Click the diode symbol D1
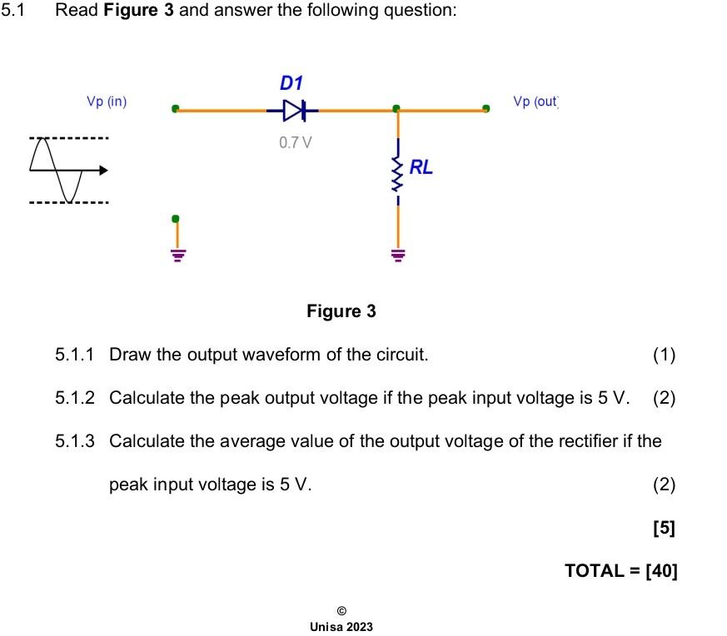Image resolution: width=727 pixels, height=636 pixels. (293, 109)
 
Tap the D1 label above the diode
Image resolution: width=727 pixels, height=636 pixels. (291, 83)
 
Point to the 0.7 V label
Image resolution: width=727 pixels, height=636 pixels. (296, 142)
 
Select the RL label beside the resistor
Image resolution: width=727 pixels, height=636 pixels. (421, 167)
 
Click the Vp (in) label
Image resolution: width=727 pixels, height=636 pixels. (107, 102)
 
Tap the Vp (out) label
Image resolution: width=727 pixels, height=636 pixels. (535, 102)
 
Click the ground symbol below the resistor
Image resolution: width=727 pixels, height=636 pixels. (397, 255)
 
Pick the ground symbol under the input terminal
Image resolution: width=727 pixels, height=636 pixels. (176, 255)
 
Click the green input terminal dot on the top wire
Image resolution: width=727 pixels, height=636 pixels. (175, 109)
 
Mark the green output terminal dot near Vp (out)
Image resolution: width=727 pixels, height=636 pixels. (486, 108)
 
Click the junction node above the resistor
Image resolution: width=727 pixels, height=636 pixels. (397, 109)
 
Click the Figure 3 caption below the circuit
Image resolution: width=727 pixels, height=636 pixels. (341, 311)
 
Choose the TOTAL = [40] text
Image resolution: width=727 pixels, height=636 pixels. (620, 570)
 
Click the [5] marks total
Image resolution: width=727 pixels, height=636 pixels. (665, 528)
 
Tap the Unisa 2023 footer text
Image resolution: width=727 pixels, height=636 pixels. (341, 626)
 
